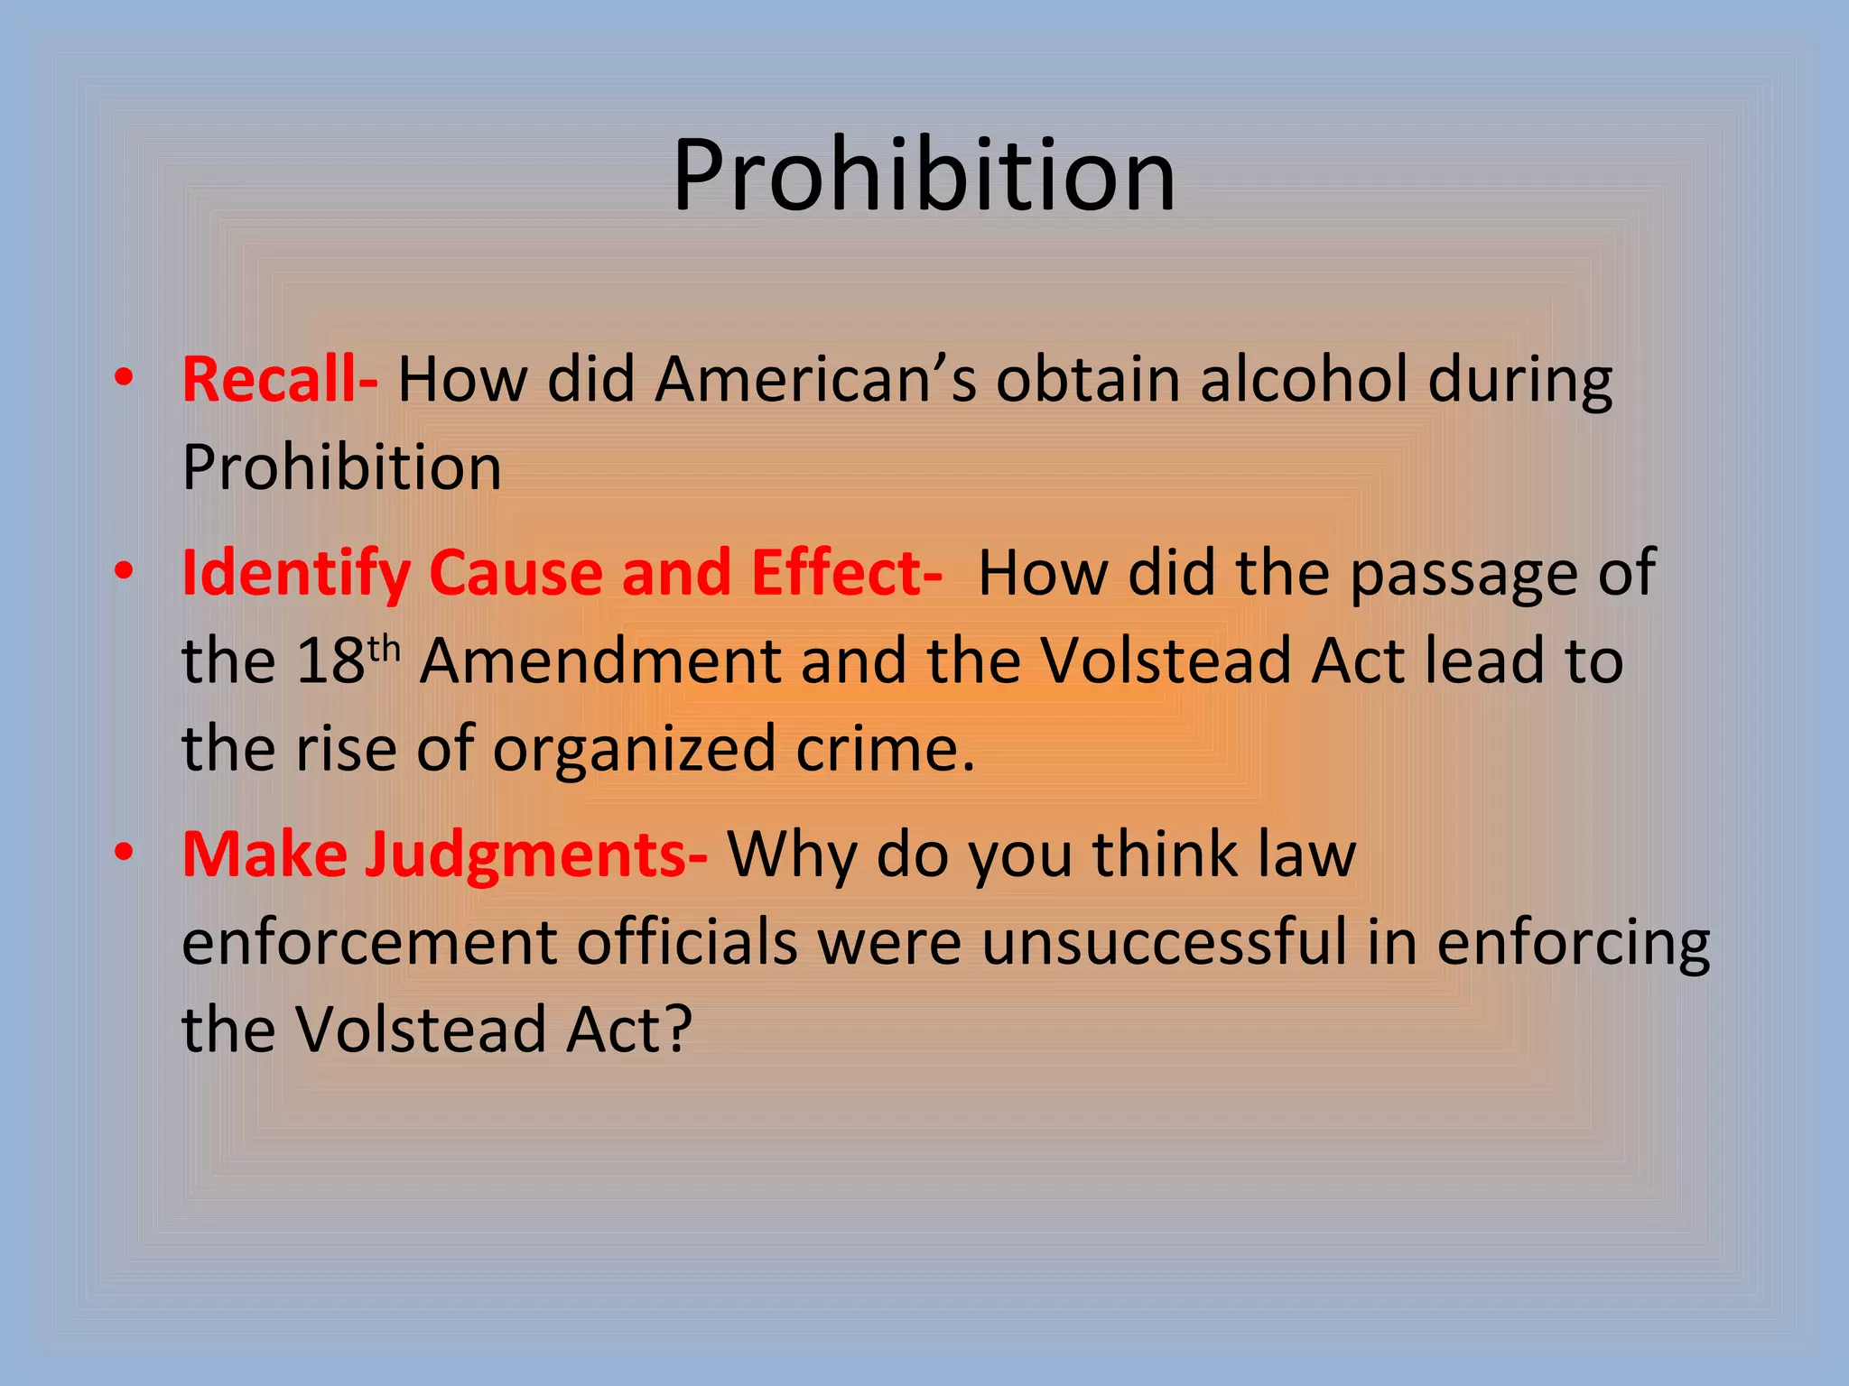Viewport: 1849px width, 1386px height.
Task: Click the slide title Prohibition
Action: tap(924, 175)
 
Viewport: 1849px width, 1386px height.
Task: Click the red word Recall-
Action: tap(280, 380)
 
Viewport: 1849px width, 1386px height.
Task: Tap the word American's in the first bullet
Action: tap(815, 380)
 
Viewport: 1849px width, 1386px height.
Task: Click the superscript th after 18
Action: tap(384, 648)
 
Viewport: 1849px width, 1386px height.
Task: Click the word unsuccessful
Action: tap(1165, 943)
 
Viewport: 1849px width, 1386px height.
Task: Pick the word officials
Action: tap(687, 943)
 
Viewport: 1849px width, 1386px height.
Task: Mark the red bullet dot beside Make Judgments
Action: tap(125, 851)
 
